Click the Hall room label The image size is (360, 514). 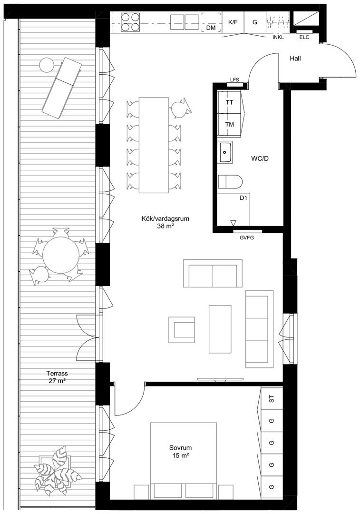(x=295, y=59)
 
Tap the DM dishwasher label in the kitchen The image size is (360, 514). (x=211, y=28)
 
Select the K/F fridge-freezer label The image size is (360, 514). (x=233, y=22)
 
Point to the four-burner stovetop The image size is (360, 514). (x=130, y=22)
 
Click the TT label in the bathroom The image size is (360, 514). (x=230, y=102)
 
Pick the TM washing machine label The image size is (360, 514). (x=230, y=125)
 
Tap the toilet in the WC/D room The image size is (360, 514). (x=230, y=182)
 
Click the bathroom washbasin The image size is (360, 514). (x=225, y=152)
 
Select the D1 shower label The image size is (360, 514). (x=243, y=198)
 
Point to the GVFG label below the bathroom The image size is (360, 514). (x=247, y=238)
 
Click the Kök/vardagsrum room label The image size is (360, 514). (x=165, y=218)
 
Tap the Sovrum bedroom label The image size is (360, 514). (x=181, y=447)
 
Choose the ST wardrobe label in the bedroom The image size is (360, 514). (x=271, y=399)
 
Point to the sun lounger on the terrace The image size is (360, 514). (x=61, y=88)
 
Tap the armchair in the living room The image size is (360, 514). (x=182, y=330)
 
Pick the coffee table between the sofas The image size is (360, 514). (x=220, y=329)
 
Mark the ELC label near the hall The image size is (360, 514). (x=304, y=38)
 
